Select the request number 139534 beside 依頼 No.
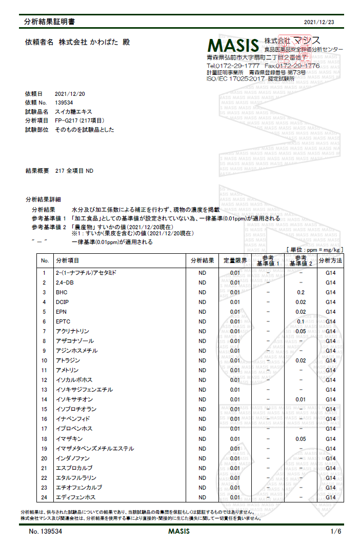click(x=64, y=103)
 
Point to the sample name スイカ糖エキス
click(x=74, y=111)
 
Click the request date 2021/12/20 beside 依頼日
click(x=70, y=94)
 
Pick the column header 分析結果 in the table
click(x=202, y=260)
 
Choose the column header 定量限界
click(x=235, y=260)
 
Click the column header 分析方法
click(x=330, y=260)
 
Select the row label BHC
click(x=62, y=292)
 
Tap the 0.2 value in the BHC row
click(x=301, y=292)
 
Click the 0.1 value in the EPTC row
click(x=301, y=321)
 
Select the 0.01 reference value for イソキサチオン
click(x=301, y=399)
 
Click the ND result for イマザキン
click(x=202, y=439)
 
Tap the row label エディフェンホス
click(x=75, y=497)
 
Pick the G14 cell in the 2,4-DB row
click(x=330, y=282)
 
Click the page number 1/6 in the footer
click(x=336, y=531)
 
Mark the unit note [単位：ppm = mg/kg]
click(x=314, y=249)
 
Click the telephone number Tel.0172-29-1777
click(x=233, y=66)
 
